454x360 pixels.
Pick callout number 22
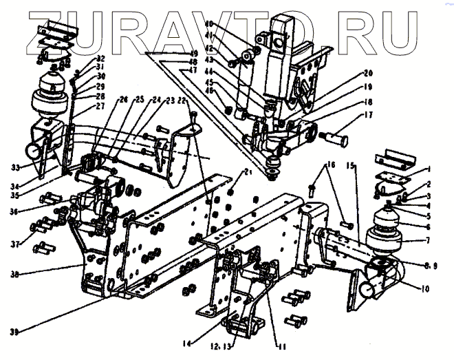pyautogui.click(x=182, y=100)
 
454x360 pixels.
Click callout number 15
pyautogui.click(x=351, y=167)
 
